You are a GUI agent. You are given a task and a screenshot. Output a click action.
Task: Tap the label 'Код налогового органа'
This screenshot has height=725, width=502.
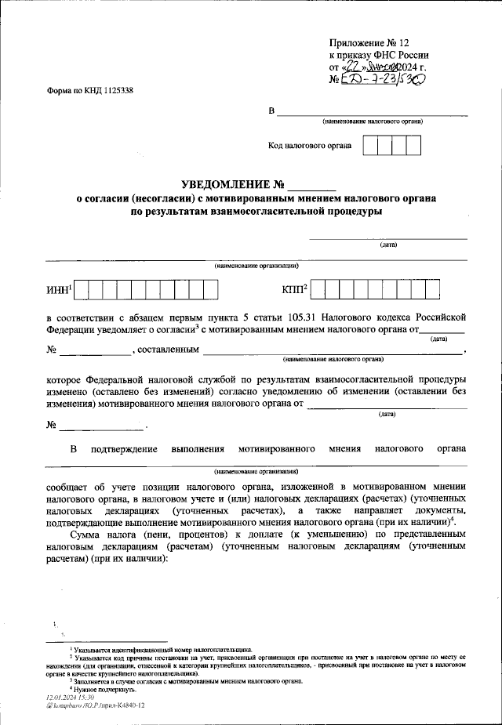310,146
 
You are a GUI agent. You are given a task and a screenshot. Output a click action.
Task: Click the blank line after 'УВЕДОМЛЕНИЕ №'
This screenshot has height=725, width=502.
311,187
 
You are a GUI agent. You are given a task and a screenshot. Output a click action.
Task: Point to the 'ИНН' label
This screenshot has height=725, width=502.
59,291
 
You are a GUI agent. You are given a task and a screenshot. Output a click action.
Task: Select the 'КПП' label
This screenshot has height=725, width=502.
293,291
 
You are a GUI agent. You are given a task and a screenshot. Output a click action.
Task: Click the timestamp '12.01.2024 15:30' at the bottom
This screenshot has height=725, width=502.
71,696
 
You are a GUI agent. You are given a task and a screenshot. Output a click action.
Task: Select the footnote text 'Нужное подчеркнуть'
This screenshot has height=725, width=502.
102,688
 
